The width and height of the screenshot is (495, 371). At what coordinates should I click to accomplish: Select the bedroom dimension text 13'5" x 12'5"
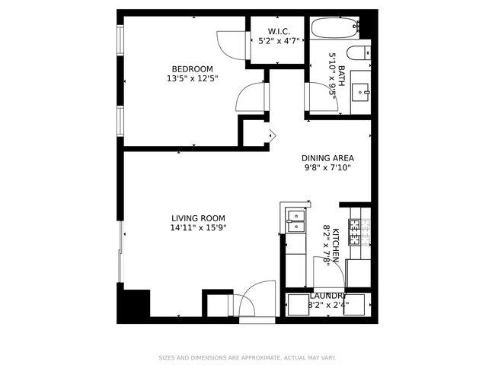(x=192, y=78)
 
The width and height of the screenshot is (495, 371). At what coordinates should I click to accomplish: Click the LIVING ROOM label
(x=198, y=218)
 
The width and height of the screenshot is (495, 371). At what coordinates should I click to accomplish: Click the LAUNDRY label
(x=328, y=296)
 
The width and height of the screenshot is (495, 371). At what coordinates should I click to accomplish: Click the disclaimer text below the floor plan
(x=247, y=357)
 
